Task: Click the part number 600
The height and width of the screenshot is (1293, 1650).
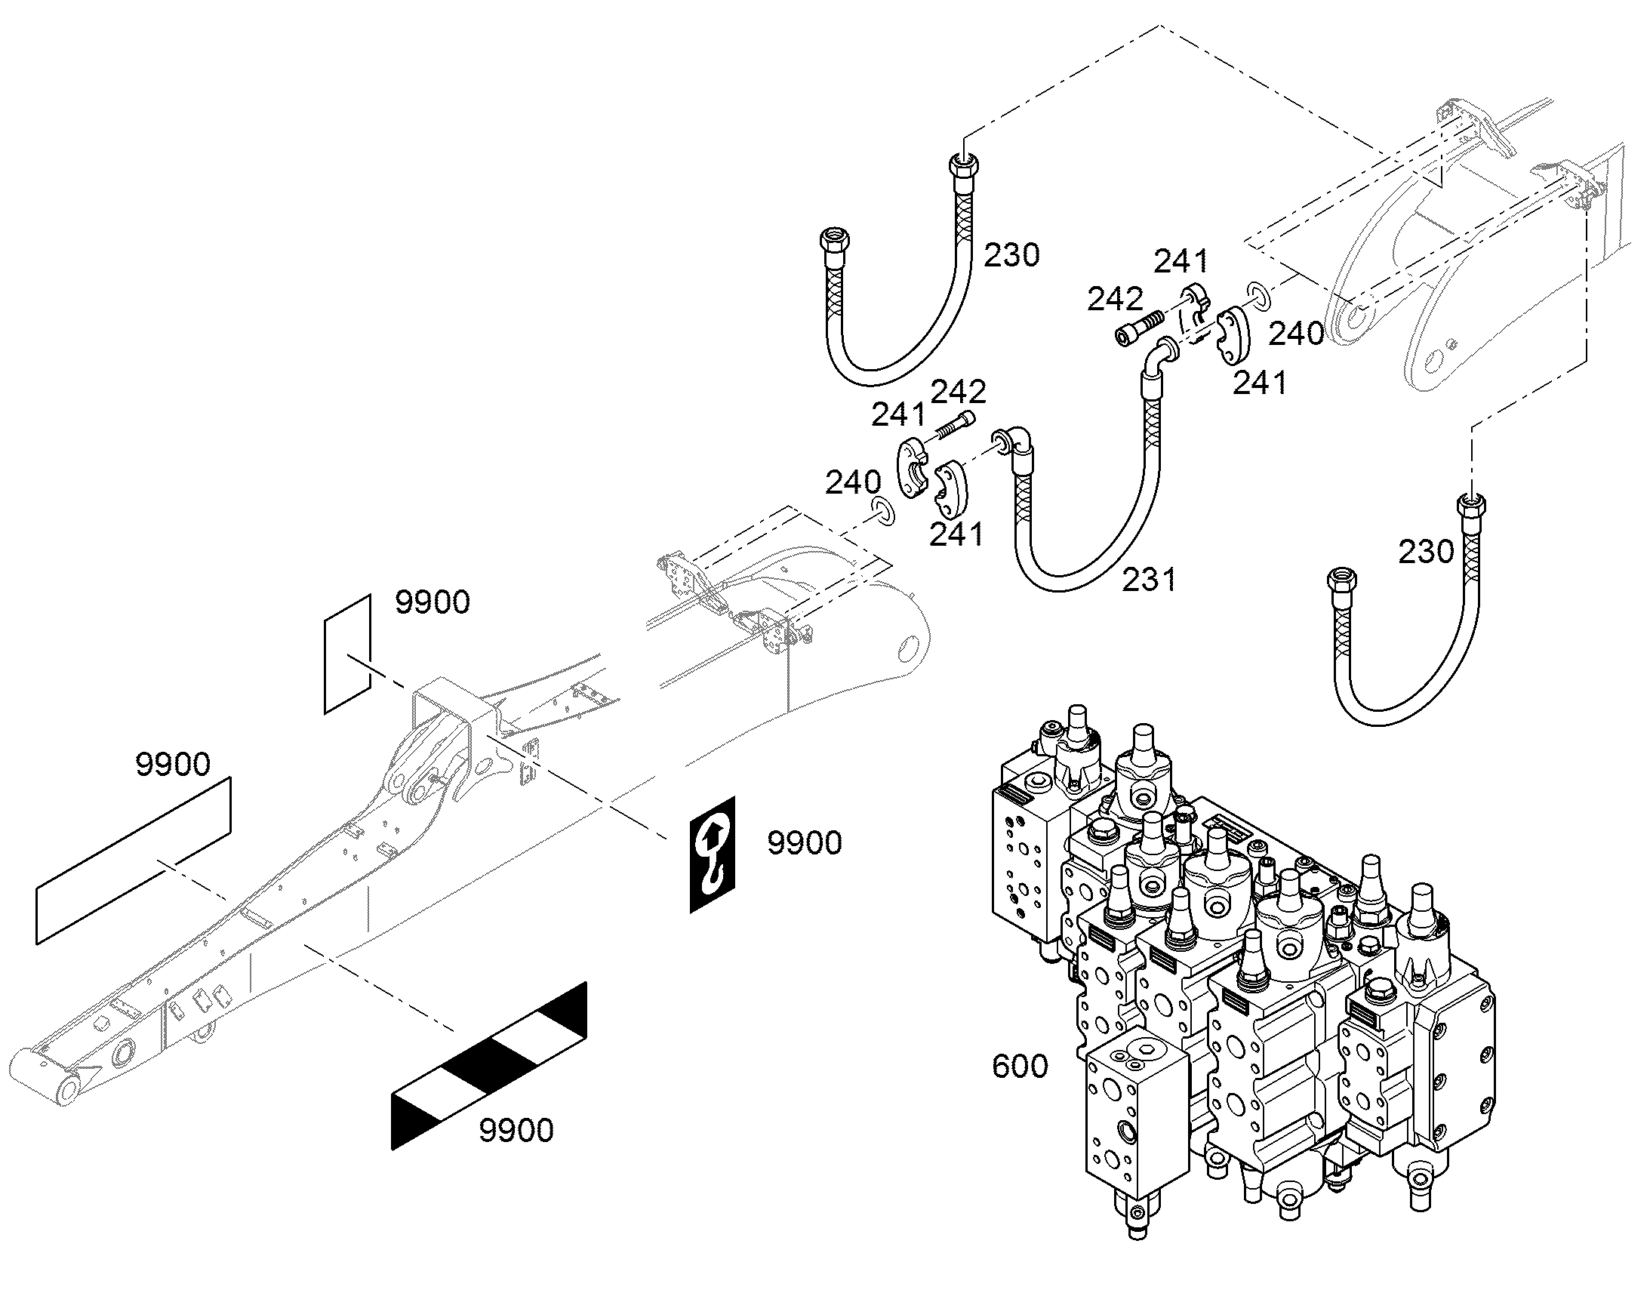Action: coord(1020,1067)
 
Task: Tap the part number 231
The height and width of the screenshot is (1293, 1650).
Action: coord(1149,580)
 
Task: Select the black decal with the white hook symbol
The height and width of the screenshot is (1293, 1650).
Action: coord(713,854)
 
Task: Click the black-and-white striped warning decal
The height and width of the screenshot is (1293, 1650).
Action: coord(489,1066)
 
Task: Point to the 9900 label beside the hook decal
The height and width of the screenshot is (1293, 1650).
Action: coord(805,842)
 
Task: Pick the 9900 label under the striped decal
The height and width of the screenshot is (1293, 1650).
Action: coord(516,1131)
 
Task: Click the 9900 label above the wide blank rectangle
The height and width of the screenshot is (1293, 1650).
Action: coord(173,765)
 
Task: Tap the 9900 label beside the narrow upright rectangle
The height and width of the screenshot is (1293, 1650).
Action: coord(433,602)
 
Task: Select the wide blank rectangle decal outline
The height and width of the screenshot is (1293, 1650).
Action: coord(133,860)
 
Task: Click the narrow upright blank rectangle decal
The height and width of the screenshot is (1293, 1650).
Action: coord(347,654)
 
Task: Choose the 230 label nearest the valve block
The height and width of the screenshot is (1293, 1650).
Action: coord(1426,552)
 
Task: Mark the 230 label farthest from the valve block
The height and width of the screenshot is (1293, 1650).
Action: coord(1011,255)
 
